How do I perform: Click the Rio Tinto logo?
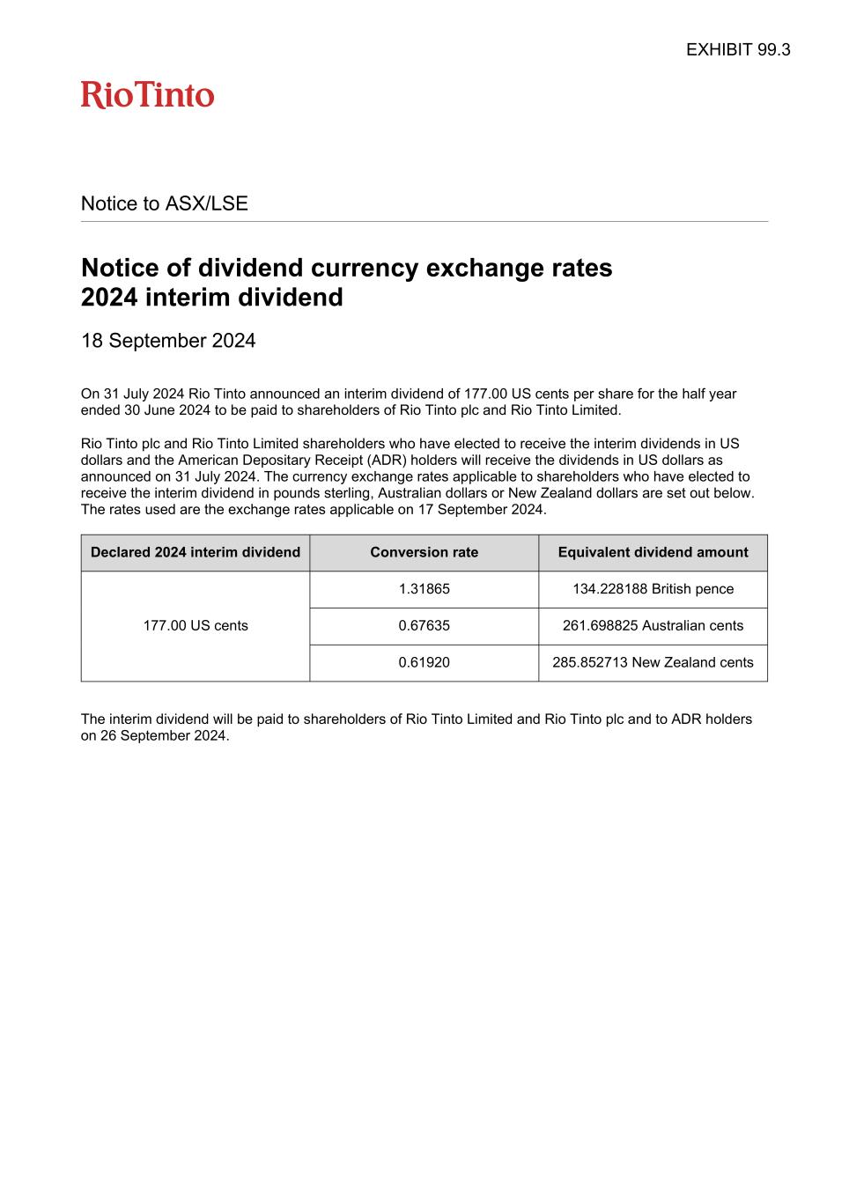(x=148, y=95)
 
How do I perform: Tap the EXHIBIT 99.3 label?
(x=738, y=49)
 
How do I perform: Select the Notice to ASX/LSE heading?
(x=165, y=203)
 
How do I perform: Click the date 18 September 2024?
(x=168, y=341)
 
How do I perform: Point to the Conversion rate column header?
(x=424, y=552)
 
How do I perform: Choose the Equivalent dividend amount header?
(x=653, y=552)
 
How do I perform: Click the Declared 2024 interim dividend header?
(x=196, y=552)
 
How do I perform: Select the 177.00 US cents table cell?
(x=196, y=625)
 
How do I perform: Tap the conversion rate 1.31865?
(x=424, y=589)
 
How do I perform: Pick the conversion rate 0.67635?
(x=424, y=625)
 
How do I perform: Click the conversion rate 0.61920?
(x=424, y=662)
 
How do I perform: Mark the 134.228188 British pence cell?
(x=653, y=589)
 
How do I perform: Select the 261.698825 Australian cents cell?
(x=653, y=625)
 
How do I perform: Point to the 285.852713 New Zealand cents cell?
(x=653, y=662)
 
